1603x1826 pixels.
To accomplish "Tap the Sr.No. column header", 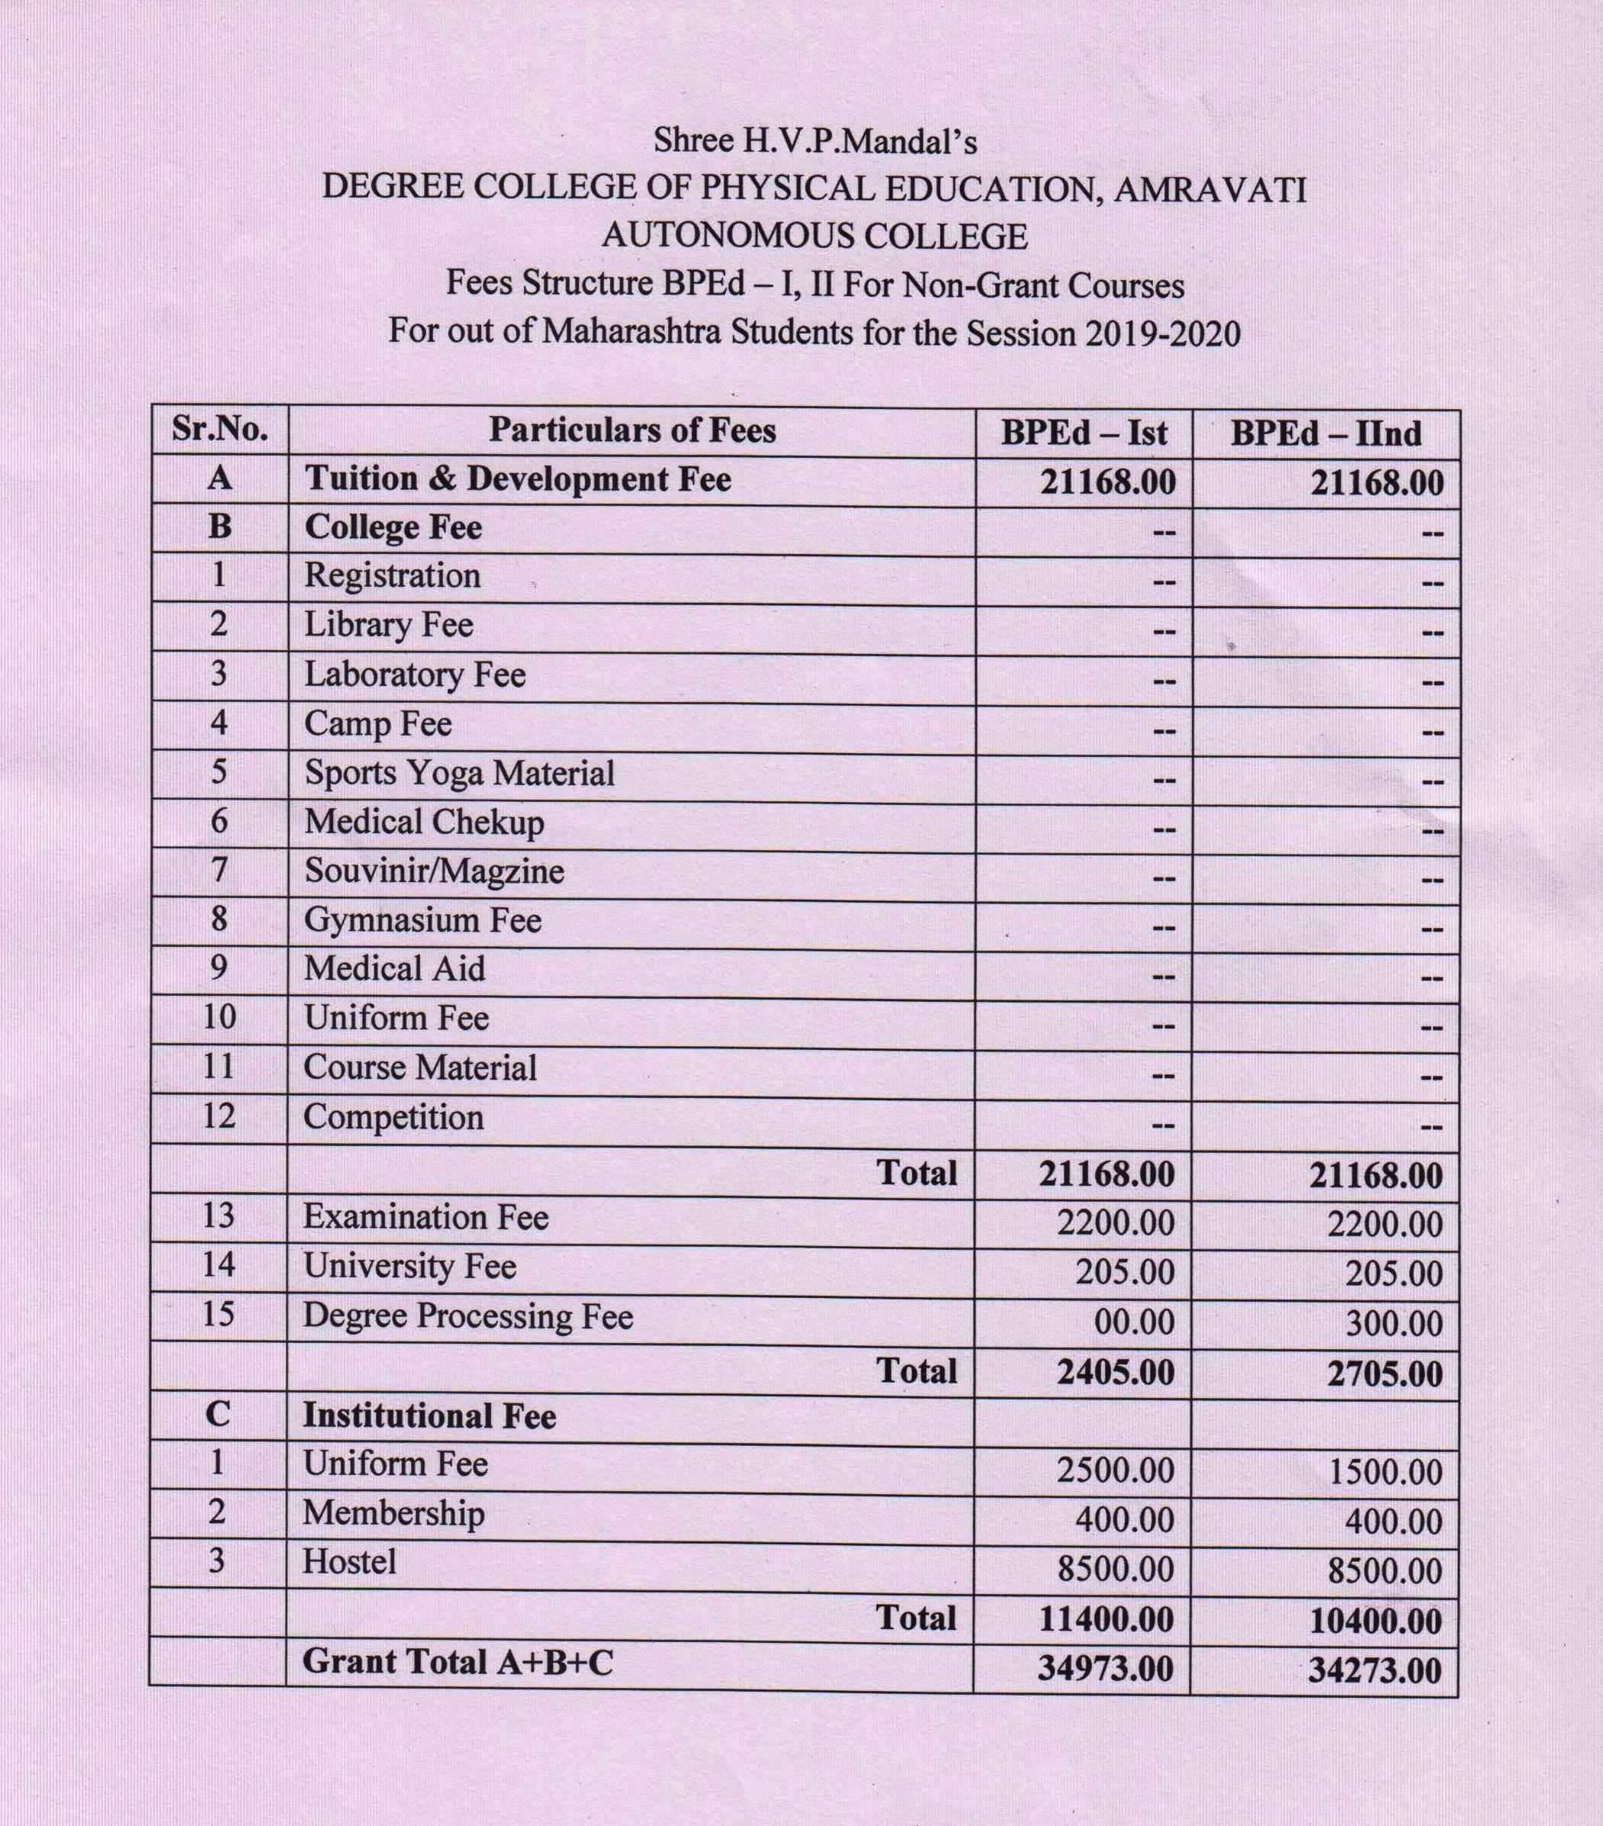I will point(220,430).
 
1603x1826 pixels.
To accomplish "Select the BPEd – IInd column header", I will point(1325,433).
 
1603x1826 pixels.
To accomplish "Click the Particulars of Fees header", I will point(631,430).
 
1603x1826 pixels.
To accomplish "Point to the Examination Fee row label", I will point(425,1217).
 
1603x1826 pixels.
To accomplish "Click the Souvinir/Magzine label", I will point(434,870).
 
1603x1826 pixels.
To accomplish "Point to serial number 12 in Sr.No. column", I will point(219,1116).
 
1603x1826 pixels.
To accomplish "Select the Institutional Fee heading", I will point(429,1416).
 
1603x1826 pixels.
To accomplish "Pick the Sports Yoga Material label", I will point(459,772).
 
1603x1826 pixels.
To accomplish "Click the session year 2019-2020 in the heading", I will point(1162,333).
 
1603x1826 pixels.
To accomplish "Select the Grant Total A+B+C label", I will point(458,1660).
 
